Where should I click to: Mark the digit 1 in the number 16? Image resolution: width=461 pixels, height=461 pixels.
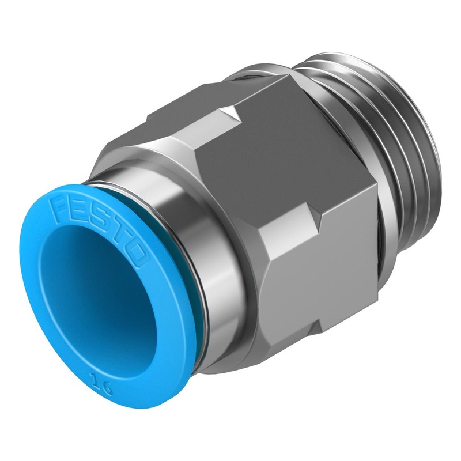tap(95, 380)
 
